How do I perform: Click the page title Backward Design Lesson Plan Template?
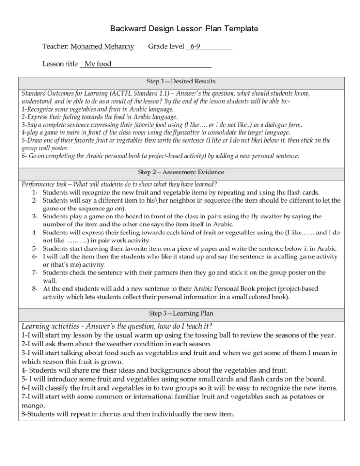pyautogui.click(x=180, y=29)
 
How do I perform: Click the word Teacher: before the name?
pyautogui.click(x=55, y=47)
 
